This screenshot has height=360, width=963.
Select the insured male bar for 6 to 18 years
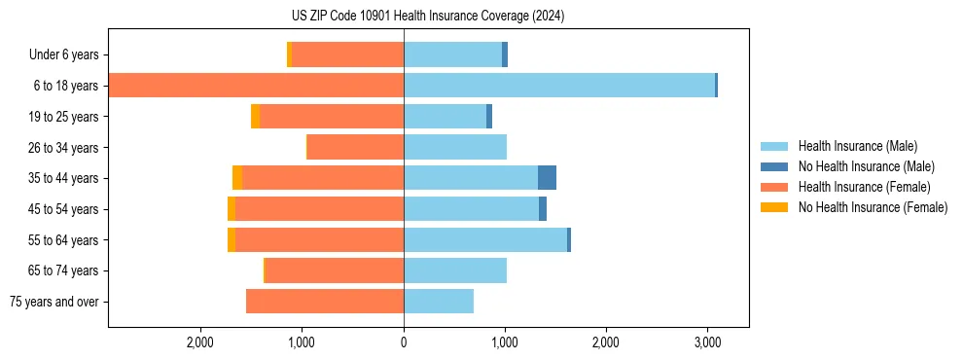[559, 86]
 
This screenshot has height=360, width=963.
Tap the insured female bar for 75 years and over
[325, 302]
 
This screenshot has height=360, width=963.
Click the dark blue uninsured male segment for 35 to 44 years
[547, 178]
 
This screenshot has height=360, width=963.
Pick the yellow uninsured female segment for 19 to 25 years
[255, 117]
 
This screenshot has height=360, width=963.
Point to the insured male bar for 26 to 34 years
[455, 147]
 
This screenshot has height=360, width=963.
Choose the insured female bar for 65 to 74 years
[335, 270]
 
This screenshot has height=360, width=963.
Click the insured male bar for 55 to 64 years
[485, 239]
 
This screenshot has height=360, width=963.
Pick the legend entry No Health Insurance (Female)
[872, 207]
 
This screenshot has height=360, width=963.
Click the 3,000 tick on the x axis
[707, 342]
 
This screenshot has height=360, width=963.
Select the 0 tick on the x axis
[404, 342]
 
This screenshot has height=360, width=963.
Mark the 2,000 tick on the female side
[200, 342]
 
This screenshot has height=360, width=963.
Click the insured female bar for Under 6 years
[347, 54]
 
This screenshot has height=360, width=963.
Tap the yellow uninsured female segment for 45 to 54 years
[232, 209]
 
